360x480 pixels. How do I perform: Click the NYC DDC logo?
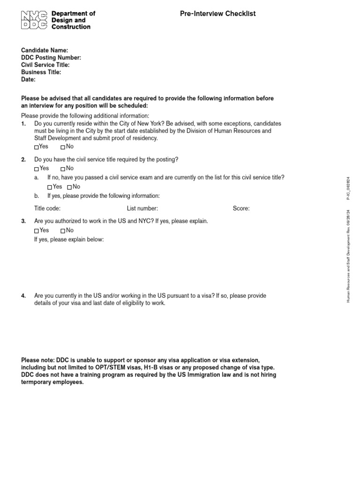coord(34,21)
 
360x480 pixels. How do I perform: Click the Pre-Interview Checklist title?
coord(217,14)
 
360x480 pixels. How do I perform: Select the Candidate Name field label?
coord(45,50)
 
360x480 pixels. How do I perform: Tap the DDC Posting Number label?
coord(51,58)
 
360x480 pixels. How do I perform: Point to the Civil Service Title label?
coord(45,65)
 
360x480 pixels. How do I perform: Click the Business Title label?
coord(41,72)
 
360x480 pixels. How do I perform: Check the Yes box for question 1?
coord(37,147)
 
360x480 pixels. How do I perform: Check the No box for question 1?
coord(63,147)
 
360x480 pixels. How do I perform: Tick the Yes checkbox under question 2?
coord(37,169)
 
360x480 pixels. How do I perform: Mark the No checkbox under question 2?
coord(63,169)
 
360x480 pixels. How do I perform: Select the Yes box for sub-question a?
coord(50,187)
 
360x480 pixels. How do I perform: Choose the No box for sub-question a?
coord(69,187)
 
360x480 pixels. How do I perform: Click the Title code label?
coord(47,209)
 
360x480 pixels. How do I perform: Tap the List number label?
coord(142,209)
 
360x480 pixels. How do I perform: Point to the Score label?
coord(241,209)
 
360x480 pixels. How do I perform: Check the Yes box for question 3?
coord(37,231)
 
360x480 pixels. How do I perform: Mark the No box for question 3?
coord(63,231)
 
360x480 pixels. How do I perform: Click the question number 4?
coord(23,296)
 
